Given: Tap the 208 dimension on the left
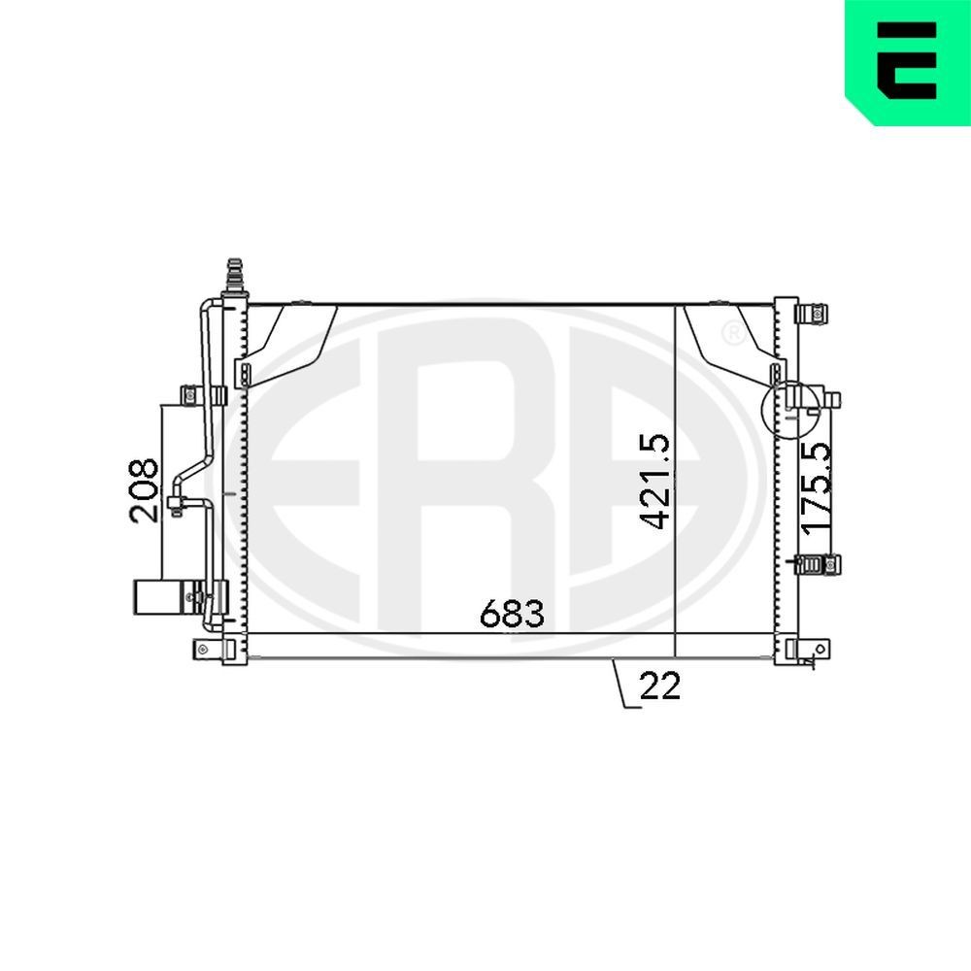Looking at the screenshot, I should click(144, 490).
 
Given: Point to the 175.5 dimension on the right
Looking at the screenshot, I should click(817, 485).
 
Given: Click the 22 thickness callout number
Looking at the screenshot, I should click(660, 686).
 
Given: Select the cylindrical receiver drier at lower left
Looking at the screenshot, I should click(155, 596).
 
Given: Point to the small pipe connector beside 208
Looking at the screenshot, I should click(177, 504).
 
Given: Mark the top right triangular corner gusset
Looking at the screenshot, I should click(724, 337).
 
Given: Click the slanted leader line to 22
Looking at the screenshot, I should click(621, 685).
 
